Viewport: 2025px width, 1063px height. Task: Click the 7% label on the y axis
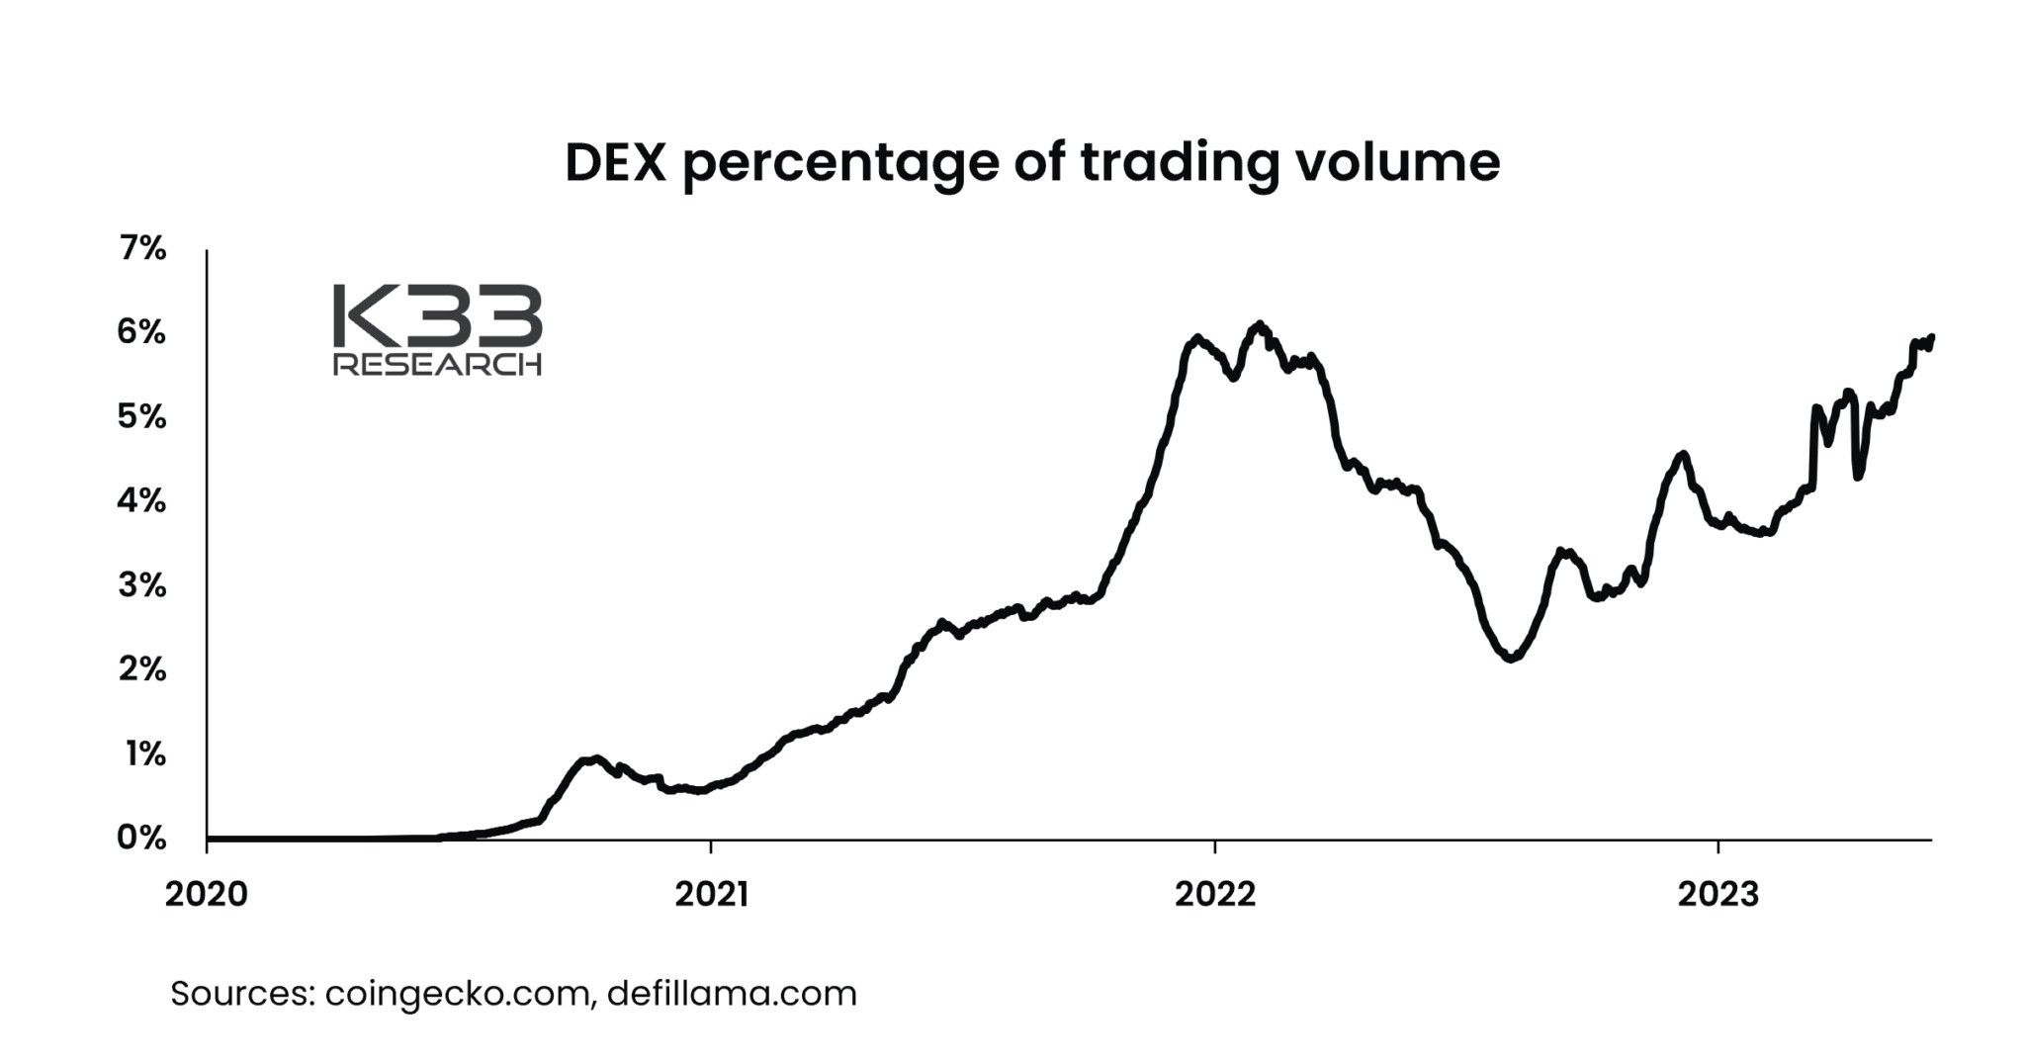click(142, 248)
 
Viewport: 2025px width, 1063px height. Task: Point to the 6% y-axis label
click(141, 332)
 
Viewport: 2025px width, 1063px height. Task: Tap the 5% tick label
click(141, 416)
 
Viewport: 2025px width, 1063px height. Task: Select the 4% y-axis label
click(141, 500)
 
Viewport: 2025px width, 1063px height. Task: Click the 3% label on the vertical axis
click(142, 585)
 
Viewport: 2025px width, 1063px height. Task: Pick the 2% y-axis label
click(142, 669)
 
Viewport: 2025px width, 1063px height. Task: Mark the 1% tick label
click(145, 754)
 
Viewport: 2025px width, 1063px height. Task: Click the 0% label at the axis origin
click(141, 838)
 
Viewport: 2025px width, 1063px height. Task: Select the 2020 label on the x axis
click(207, 894)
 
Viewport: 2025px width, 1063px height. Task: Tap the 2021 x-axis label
click(712, 894)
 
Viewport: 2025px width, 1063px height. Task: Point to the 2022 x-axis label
click(1215, 894)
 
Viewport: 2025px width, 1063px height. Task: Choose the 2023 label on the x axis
click(1718, 894)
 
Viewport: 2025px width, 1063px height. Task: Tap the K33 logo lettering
click(438, 315)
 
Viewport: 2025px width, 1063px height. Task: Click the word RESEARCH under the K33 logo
click(438, 364)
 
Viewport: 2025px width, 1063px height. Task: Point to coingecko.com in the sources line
click(460, 994)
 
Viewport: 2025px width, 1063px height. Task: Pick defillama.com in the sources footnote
click(732, 993)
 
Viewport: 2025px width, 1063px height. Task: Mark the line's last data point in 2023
click(1931, 337)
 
